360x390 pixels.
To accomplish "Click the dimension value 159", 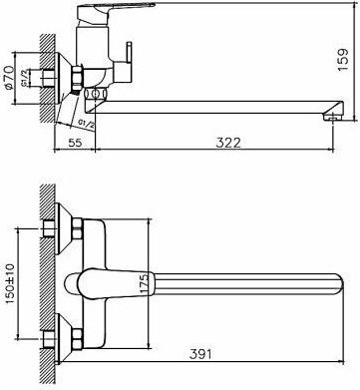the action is (x=343, y=59).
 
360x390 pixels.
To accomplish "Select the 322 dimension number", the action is (x=228, y=143).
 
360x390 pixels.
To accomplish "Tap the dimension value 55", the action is (x=75, y=143).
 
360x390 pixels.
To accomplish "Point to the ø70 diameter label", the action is (x=8, y=78).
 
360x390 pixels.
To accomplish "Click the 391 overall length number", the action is (x=200, y=354).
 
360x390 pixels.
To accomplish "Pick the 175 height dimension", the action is (x=144, y=283).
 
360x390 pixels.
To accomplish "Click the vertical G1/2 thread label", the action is (x=25, y=79).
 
